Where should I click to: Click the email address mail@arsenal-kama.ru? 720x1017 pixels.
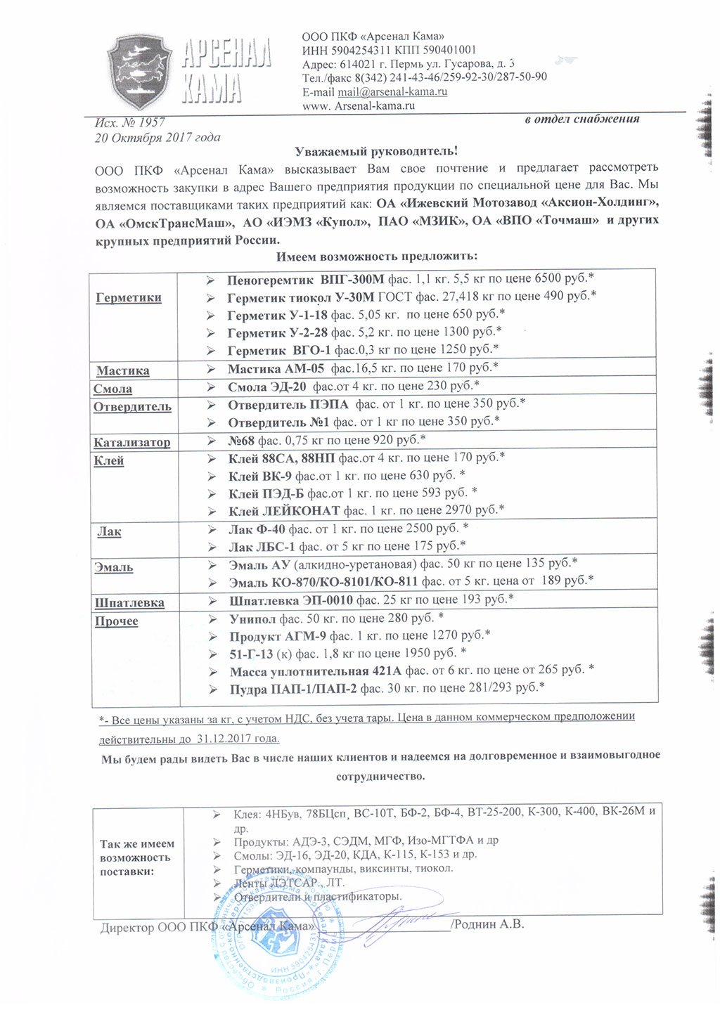pos(392,92)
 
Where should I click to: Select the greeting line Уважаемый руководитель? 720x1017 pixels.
pos(376,150)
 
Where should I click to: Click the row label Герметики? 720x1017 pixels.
pos(129,297)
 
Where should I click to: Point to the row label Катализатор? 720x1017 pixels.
pos(132,442)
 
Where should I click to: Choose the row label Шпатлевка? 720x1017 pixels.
pos(130,602)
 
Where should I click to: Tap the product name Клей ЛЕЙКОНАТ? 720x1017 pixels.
pos(284,510)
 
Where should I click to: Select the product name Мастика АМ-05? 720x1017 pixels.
pos(276,368)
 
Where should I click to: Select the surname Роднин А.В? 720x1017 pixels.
pos(489,924)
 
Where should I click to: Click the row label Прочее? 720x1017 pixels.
pos(117,621)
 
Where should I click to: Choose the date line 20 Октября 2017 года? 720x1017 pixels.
pos(157,138)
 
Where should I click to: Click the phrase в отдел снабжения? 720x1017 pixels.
pos(581,119)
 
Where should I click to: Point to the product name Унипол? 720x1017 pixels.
pos(252,618)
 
